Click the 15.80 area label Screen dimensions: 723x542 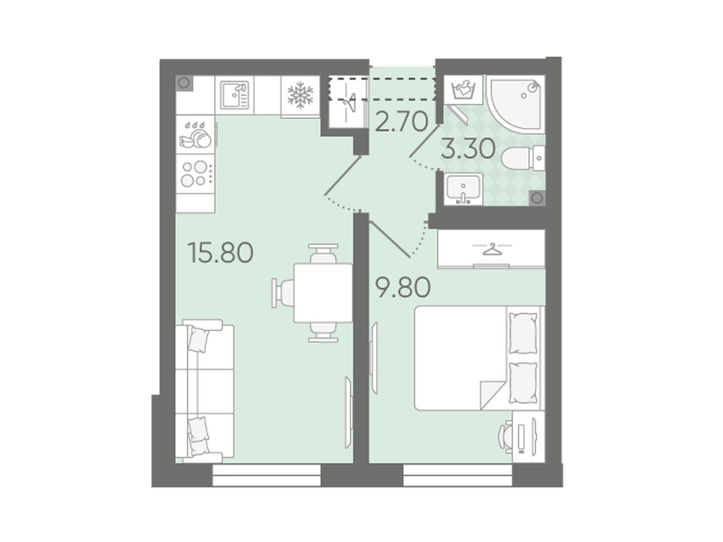coord(220,252)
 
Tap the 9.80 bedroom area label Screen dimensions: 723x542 coord(404,287)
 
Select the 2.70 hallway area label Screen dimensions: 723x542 coord(401,121)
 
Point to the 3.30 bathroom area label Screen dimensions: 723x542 coord(468,149)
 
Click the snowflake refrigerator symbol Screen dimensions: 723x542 coord(300,95)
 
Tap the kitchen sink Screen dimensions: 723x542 coord(234,95)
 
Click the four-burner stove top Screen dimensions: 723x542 coord(195,173)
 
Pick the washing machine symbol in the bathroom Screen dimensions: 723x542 coord(463,90)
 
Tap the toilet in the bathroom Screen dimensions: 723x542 coord(522,158)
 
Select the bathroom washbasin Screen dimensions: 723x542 coord(463,189)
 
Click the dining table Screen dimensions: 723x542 coord(323,293)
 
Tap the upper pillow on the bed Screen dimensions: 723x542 coord(523,333)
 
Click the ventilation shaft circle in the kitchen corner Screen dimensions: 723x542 coord(184,82)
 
